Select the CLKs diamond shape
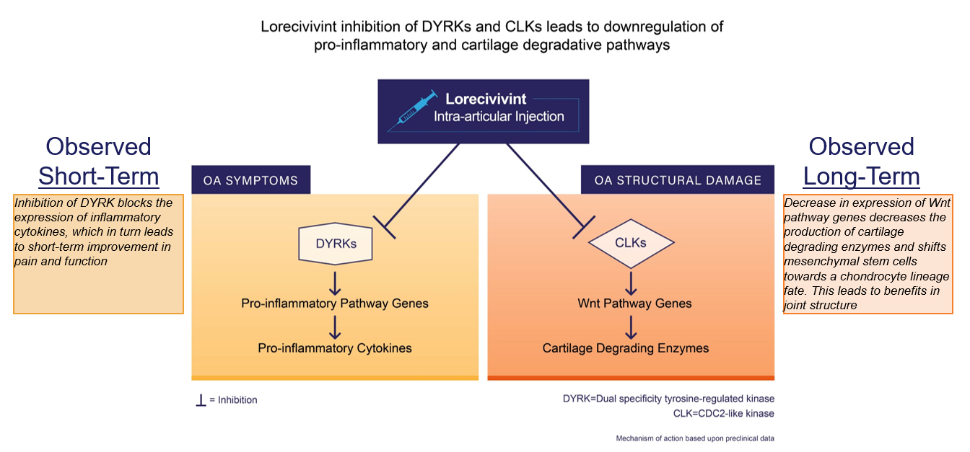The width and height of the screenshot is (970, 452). [x=631, y=243]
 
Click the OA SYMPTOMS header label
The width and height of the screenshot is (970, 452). [x=250, y=180]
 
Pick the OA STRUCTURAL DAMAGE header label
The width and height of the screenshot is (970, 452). [x=678, y=180]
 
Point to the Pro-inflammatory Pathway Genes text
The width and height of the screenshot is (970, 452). [x=335, y=303]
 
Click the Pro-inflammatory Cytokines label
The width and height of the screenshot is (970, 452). [x=335, y=348]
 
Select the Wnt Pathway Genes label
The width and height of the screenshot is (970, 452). [x=634, y=303]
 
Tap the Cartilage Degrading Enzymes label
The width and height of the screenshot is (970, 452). [x=626, y=348]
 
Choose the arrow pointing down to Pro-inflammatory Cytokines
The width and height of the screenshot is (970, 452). [x=335, y=326]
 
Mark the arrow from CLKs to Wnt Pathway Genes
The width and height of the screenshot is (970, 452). [x=631, y=281]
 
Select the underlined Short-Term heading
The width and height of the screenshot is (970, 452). [x=99, y=176]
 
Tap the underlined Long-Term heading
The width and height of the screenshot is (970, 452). [x=861, y=176]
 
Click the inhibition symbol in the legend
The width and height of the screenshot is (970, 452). [x=201, y=399]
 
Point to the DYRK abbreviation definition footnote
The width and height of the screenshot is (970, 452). [x=668, y=399]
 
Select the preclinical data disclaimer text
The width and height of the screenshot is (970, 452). [x=695, y=438]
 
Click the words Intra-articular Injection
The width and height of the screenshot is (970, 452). [x=499, y=116]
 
